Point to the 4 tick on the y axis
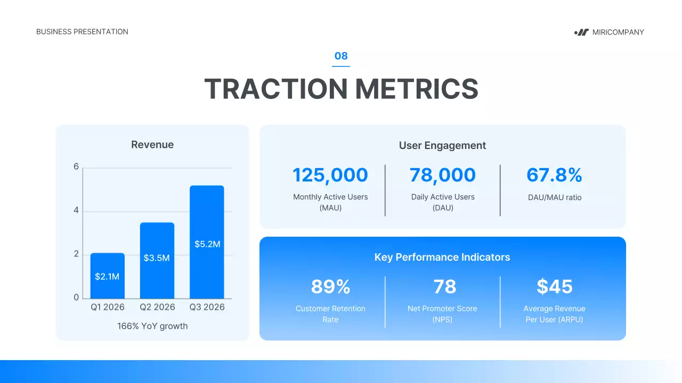tap(76, 211)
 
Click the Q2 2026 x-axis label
tap(157, 307)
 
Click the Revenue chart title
tap(152, 145)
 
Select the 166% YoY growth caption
tap(152, 326)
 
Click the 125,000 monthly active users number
tap(330, 175)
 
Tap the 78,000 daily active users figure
tap(442, 175)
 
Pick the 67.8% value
tap(554, 175)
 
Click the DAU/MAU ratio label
tap(554, 197)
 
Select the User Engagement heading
tap(442, 145)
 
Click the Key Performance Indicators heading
tap(442, 257)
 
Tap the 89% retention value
tap(330, 287)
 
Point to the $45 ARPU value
tap(554, 287)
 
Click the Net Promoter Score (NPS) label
tap(442, 314)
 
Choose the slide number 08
tap(341, 56)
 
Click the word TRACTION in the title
tap(276, 89)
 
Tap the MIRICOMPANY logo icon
tap(581, 32)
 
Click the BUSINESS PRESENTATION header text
tap(82, 32)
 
